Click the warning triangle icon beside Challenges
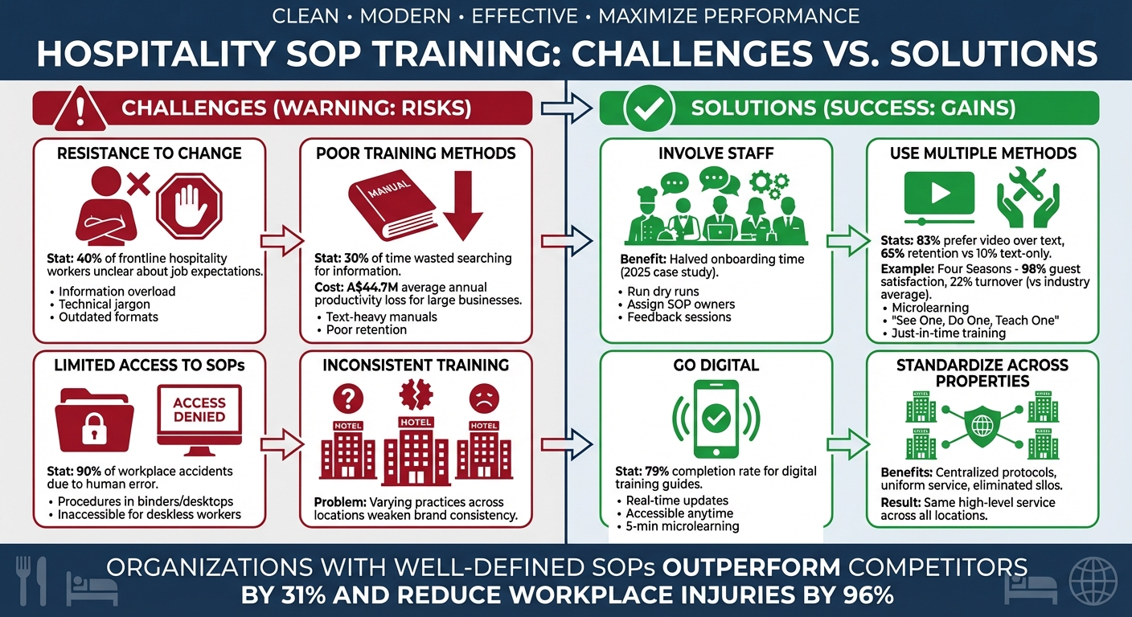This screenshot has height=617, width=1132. click(80, 109)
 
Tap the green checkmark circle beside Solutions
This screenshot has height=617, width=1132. click(649, 108)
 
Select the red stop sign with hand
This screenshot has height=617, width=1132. click(190, 206)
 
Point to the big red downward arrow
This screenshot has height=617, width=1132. click(463, 206)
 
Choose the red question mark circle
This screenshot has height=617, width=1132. click(347, 398)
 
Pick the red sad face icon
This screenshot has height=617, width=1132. click(484, 398)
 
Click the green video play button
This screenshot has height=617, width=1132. click(939, 193)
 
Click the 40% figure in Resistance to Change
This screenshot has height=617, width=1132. click(89, 259)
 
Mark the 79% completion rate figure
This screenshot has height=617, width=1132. click(657, 472)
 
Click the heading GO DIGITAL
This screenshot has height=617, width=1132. click(716, 365)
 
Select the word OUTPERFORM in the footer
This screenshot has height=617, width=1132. click(751, 567)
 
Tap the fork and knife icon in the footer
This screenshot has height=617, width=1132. click(31, 581)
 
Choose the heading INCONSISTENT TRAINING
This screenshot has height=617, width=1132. click(416, 365)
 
